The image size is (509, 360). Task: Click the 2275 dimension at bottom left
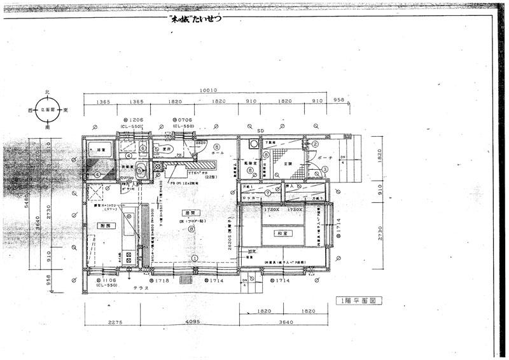(x=115, y=322)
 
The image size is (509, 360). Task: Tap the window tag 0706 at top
(x=183, y=120)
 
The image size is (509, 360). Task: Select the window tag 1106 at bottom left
(x=106, y=280)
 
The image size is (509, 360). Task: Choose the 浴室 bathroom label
(x=100, y=150)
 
